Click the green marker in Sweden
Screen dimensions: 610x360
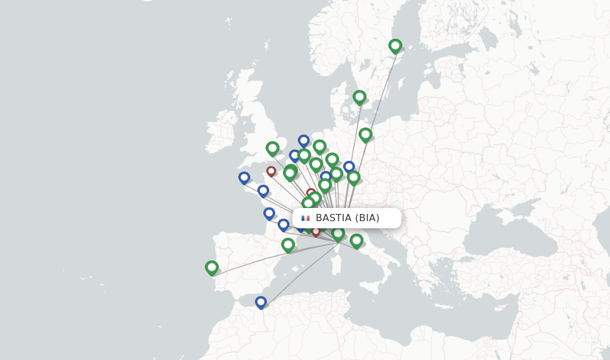click(395, 46)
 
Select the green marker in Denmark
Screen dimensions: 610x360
click(359, 97)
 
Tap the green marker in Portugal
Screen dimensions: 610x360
click(211, 268)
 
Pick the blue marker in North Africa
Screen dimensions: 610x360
click(260, 302)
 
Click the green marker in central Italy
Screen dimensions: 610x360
click(356, 241)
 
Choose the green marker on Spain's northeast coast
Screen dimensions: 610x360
click(288, 245)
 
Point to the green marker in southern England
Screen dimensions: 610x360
click(272, 148)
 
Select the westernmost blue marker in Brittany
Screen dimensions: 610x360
click(244, 178)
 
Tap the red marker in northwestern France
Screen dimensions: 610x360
click(271, 172)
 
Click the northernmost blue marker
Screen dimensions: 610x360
click(304, 141)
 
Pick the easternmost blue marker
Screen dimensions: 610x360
click(349, 167)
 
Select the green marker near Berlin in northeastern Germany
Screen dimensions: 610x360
click(365, 135)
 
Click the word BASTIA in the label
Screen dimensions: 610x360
click(333, 218)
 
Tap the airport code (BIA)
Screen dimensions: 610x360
click(367, 218)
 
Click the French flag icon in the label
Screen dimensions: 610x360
click(306, 218)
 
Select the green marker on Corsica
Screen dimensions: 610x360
click(338, 234)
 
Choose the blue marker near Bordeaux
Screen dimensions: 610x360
click(269, 213)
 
